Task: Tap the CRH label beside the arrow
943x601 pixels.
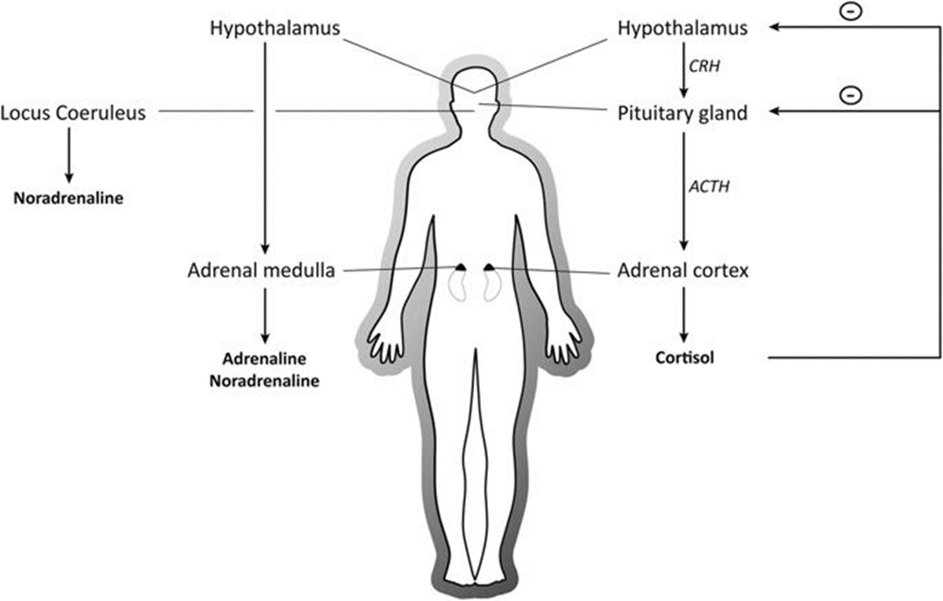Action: point(704,68)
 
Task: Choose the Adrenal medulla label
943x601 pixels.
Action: point(262,271)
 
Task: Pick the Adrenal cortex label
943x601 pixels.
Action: point(683,271)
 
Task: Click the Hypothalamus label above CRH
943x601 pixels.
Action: point(681,29)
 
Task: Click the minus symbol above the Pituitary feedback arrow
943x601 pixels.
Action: point(849,95)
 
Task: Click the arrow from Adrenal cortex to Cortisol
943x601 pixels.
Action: point(684,314)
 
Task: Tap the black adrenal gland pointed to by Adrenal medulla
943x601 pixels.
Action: point(461,267)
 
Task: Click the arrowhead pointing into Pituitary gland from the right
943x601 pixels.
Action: point(775,113)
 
